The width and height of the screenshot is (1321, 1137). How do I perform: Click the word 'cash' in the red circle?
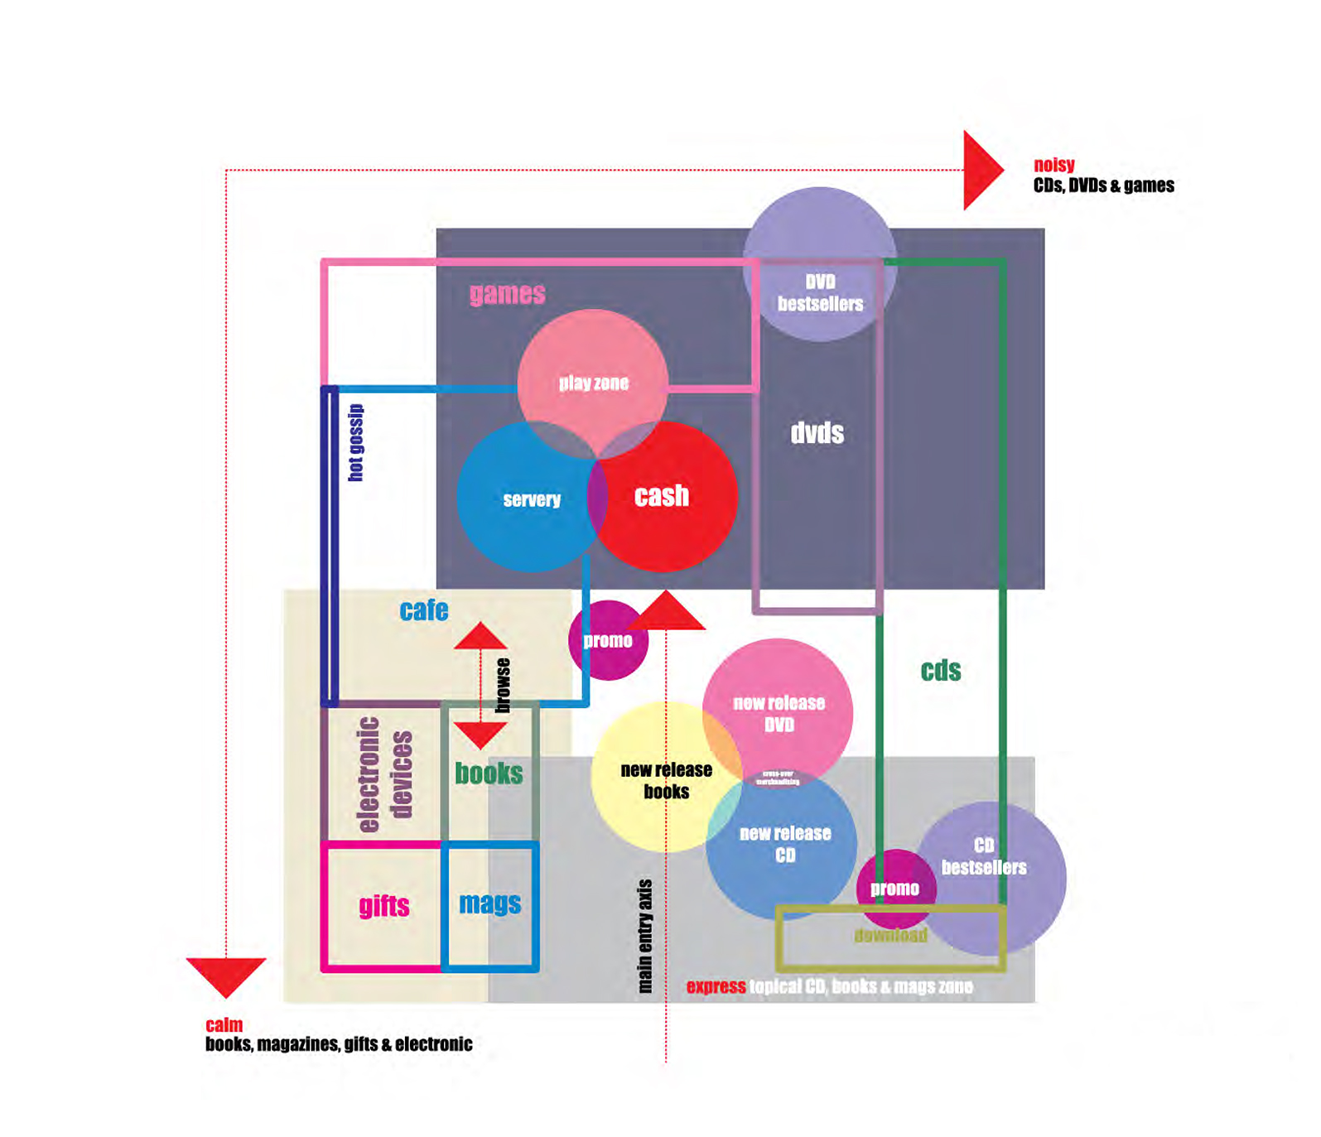[661, 495]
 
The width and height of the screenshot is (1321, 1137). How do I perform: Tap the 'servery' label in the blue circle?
[532, 499]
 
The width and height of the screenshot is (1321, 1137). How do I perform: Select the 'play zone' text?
[593, 383]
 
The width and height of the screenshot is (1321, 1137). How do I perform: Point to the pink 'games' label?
[507, 293]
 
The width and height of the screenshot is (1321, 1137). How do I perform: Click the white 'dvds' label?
[817, 433]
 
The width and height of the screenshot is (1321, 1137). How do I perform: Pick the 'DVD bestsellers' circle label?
[820, 293]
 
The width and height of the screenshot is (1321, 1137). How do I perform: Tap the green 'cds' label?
[941, 670]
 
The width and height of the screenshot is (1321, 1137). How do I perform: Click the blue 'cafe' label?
[424, 610]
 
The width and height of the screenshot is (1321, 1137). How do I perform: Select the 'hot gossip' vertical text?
[355, 442]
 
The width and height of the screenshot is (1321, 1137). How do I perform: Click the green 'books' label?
[489, 773]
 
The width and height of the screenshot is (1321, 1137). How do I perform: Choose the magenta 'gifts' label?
[384, 905]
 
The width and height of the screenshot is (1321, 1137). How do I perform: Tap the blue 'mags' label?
[489, 903]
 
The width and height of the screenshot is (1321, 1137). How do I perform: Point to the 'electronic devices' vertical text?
[384, 774]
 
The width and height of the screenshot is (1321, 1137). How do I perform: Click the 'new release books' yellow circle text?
[666, 780]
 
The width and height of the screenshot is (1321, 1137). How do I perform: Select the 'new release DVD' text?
[779, 713]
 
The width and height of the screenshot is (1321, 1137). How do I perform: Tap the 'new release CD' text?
[784, 844]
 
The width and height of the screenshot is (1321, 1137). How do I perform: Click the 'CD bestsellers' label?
[984, 855]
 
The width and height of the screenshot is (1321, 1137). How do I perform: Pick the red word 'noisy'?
[1053, 165]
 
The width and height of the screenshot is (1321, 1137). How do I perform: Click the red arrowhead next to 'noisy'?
[981, 170]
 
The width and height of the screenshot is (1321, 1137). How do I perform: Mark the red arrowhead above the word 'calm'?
[225, 975]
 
